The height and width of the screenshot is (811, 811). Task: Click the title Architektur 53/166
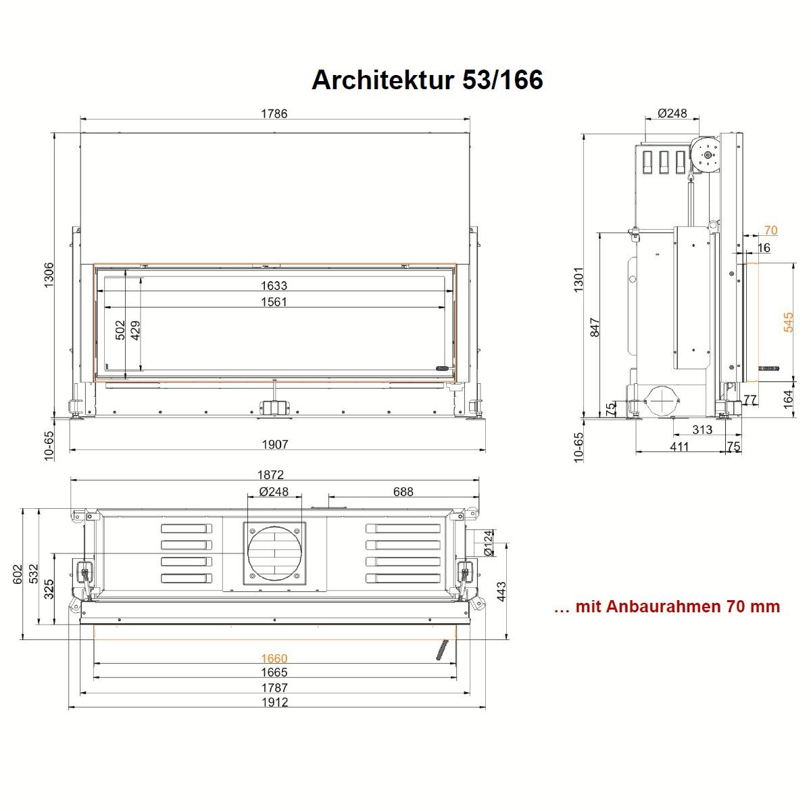click(x=427, y=80)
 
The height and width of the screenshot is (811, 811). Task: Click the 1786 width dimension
click(x=274, y=114)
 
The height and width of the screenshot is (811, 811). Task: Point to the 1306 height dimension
click(x=49, y=275)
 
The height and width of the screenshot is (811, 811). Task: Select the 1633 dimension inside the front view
click(x=274, y=286)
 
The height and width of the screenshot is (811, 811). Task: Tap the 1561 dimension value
click(x=274, y=301)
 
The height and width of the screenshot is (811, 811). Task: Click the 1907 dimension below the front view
click(x=275, y=444)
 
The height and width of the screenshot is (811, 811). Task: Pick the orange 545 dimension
click(x=788, y=322)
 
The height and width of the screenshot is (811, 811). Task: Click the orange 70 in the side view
click(x=771, y=230)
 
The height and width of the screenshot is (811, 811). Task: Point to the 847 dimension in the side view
click(x=595, y=327)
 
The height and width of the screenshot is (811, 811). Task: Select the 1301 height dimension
click(x=579, y=279)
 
